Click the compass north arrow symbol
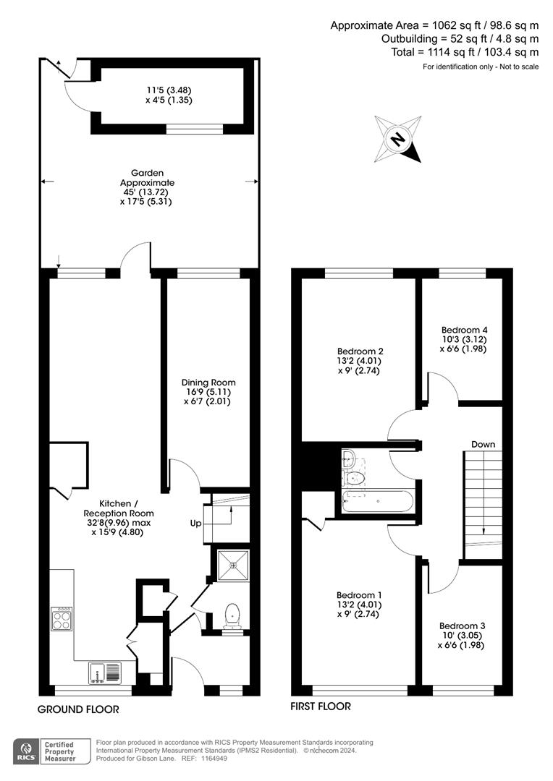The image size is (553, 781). click(397, 138)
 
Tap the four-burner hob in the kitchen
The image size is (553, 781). click(62, 618)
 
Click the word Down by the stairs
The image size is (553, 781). click(484, 444)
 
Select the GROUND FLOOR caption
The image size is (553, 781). click(78, 709)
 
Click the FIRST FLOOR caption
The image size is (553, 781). click(321, 707)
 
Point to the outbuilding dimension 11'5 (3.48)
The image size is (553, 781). click(168, 90)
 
